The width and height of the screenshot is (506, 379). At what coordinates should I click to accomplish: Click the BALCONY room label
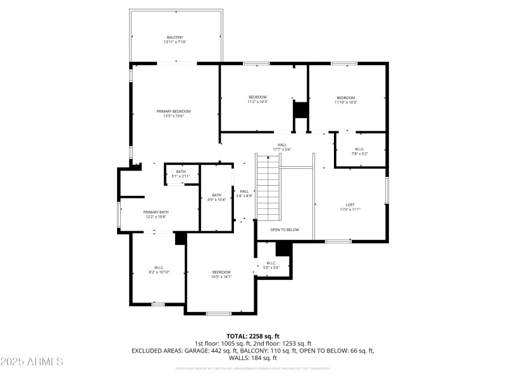pos(176,37)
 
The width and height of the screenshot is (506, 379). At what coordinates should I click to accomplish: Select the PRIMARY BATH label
pos(156,212)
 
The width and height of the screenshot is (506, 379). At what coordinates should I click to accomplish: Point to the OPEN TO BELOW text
pos(285,230)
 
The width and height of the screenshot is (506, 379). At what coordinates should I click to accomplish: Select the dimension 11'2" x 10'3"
pos(258,102)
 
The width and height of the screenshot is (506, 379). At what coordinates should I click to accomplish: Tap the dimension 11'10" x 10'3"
pos(345,102)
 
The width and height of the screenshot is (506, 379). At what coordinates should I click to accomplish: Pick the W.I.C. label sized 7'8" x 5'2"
pos(359,150)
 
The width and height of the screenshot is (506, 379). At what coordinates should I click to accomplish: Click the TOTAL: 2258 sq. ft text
pos(253,336)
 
